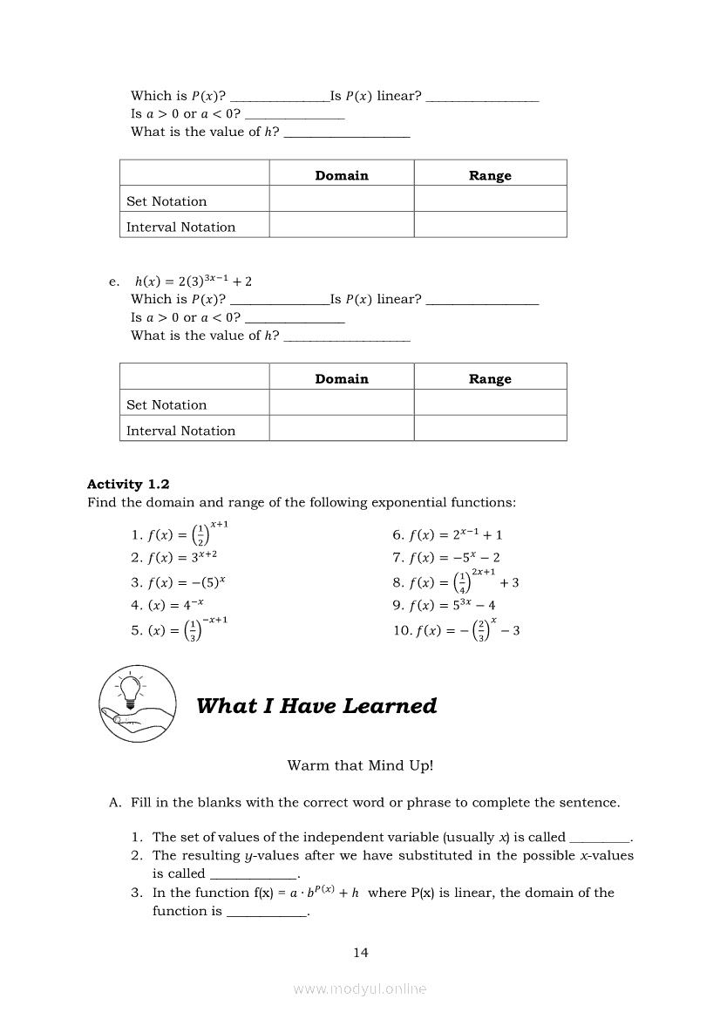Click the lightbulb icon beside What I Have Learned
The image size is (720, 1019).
coord(137,703)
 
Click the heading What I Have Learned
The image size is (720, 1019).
coord(316,706)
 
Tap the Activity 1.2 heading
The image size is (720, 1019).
coord(128,485)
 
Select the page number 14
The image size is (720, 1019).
coord(361,953)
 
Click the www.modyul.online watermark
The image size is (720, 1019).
coord(360,988)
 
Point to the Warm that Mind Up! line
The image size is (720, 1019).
coord(360,765)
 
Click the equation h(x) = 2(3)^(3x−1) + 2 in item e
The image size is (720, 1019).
coord(194,282)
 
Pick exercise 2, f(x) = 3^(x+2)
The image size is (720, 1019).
coord(173,557)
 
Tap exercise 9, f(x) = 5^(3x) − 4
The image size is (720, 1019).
coord(445,605)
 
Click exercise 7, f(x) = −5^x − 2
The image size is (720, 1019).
coord(446,558)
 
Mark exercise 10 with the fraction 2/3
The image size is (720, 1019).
coord(456,630)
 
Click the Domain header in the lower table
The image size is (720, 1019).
coord(342,379)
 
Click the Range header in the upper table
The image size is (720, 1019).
coord(490,175)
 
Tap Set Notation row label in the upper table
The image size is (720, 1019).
coord(166,201)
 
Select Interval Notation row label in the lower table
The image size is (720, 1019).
coord(180,431)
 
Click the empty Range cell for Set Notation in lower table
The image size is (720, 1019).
coord(490,404)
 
